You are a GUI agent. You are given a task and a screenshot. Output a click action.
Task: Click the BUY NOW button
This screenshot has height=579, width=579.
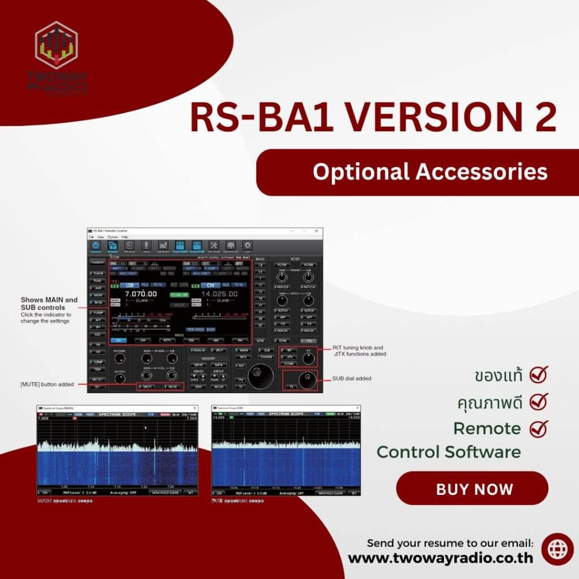(x=472, y=489)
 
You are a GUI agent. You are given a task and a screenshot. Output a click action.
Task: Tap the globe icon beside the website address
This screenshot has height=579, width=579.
(x=557, y=549)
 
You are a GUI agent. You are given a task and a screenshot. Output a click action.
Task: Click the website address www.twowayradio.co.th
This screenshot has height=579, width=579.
(x=440, y=558)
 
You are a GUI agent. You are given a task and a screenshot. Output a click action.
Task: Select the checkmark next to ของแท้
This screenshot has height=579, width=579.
(x=539, y=374)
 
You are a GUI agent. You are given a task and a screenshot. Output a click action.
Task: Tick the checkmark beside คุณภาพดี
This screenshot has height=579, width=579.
(x=539, y=402)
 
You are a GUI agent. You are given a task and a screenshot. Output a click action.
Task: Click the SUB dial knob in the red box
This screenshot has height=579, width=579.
(x=307, y=380)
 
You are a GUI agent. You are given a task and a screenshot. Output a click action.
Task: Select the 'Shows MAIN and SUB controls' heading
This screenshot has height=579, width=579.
(x=49, y=304)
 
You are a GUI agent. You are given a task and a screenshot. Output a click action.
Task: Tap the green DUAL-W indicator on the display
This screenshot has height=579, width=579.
(x=179, y=295)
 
